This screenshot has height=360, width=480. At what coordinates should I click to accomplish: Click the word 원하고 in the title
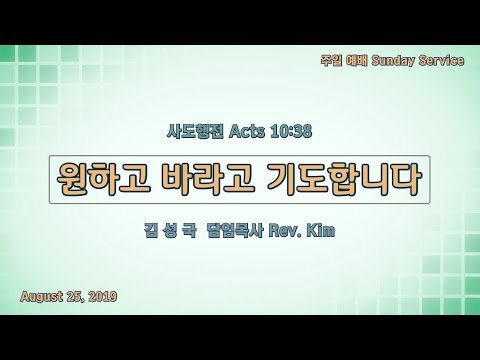(x=102, y=179)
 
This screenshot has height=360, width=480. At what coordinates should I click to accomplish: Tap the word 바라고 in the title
(x=207, y=179)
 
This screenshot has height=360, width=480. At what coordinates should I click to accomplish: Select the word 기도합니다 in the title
(x=343, y=179)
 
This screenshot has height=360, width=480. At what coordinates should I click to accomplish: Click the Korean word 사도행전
(x=195, y=131)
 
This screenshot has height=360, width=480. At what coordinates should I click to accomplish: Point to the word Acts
(x=247, y=131)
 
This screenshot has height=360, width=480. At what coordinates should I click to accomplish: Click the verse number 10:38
(x=291, y=131)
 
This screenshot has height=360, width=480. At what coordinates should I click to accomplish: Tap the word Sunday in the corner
(x=393, y=61)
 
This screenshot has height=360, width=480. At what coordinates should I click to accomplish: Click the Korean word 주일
(x=331, y=61)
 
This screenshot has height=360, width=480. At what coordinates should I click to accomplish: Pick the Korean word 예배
(x=357, y=61)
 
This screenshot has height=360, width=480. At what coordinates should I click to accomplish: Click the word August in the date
(x=41, y=296)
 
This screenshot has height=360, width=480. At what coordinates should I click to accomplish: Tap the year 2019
(x=103, y=296)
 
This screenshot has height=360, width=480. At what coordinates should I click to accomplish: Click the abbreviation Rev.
(x=283, y=231)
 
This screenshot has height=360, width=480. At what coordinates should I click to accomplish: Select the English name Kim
(x=320, y=231)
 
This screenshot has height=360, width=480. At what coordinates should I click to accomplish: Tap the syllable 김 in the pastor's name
(x=151, y=231)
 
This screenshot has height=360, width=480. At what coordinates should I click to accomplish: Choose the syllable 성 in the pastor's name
(x=171, y=231)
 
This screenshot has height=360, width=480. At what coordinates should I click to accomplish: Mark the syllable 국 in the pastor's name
(x=190, y=231)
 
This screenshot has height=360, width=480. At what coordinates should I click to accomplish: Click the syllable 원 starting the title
(x=71, y=179)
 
